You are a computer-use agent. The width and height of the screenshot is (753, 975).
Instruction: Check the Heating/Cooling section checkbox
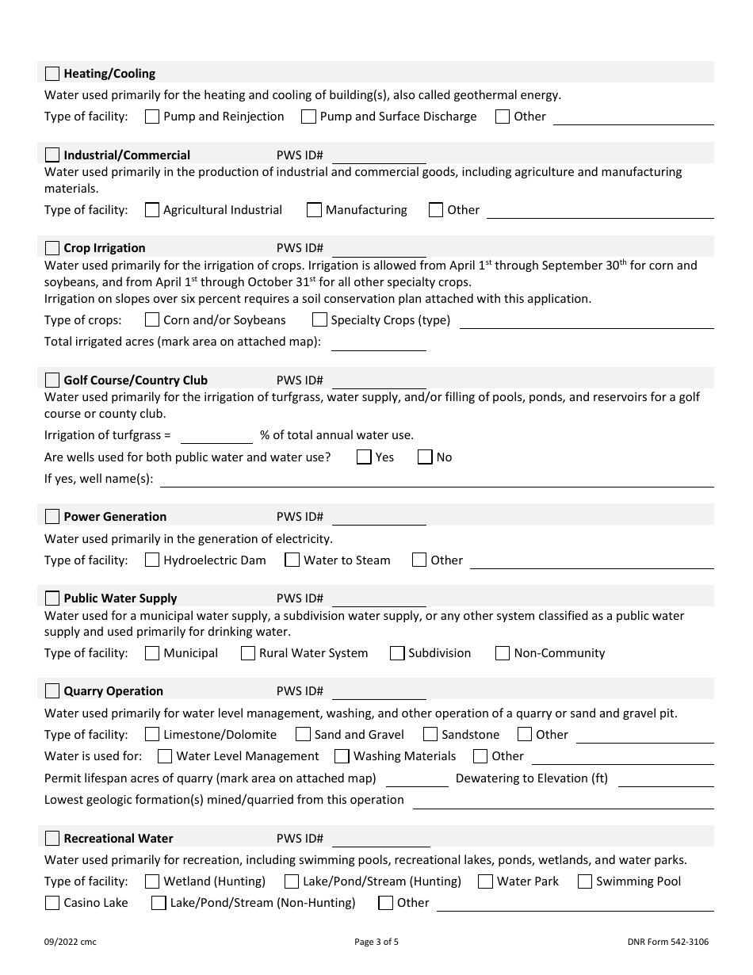click(x=52, y=74)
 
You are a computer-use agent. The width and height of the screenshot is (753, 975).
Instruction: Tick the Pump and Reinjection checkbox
click(x=152, y=117)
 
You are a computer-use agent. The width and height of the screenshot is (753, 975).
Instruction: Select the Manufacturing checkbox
click(x=314, y=210)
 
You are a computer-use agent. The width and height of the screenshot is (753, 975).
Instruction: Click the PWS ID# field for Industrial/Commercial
click(x=379, y=155)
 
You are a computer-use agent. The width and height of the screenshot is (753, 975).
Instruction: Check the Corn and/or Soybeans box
click(x=152, y=320)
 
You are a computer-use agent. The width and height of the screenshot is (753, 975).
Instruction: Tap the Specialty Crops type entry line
click(x=587, y=320)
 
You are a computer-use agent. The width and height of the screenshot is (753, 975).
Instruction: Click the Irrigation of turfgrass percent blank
click(x=216, y=435)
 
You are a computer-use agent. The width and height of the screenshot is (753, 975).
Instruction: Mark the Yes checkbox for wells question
click(x=364, y=457)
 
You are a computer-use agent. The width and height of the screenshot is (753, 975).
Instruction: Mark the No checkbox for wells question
click(x=425, y=457)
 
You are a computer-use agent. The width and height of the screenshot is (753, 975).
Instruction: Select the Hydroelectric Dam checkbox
click(x=152, y=560)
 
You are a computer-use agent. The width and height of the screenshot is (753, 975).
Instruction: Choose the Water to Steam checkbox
click(x=292, y=560)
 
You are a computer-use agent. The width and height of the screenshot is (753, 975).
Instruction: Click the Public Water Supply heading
click(x=120, y=598)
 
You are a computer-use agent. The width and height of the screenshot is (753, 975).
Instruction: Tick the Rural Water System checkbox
click(x=247, y=653)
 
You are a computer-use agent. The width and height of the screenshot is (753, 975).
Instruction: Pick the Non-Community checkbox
click(x=503, y=653)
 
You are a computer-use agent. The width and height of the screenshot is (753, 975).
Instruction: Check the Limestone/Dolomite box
click(x=152, y=735)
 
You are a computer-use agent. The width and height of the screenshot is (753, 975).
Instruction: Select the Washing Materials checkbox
click(x=342, y=756)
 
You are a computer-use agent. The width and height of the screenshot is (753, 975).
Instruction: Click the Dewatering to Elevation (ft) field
click(x=666, y=778)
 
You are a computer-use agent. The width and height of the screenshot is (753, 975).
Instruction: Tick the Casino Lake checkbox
click(x=52, y=903)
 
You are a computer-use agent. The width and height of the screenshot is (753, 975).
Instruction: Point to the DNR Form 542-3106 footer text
click(x=667, y=942)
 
